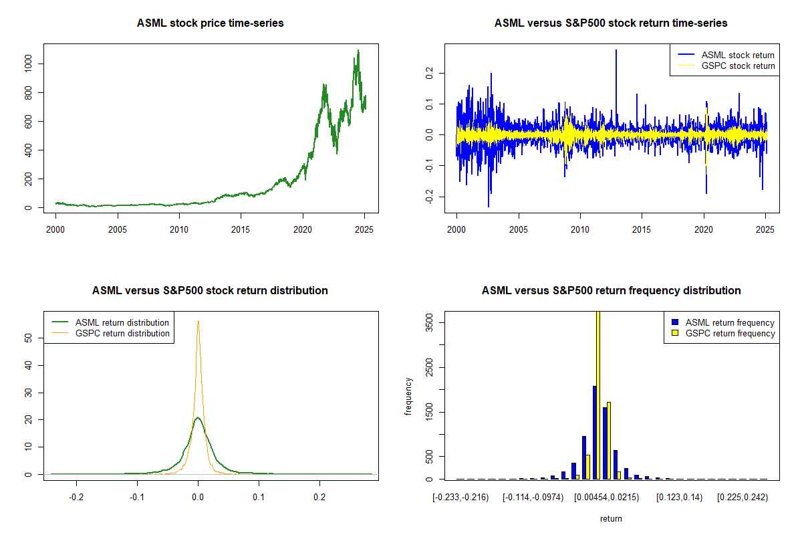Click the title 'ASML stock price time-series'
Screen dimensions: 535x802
tap(210, 23)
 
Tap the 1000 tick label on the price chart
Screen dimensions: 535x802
tap(29, 64)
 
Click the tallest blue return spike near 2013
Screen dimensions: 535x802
tap(616, 51)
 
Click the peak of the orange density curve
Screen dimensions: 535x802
tap(198, 321)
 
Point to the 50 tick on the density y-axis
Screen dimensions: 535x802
tap(29, 338)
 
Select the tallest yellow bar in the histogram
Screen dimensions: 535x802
tap(598, 395)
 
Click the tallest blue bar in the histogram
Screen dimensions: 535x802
tap(594, 432)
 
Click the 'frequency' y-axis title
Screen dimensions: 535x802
tap(408, 397)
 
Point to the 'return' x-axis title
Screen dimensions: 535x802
tap(611, 518)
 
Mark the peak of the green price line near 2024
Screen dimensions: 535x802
tap(358, 50)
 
